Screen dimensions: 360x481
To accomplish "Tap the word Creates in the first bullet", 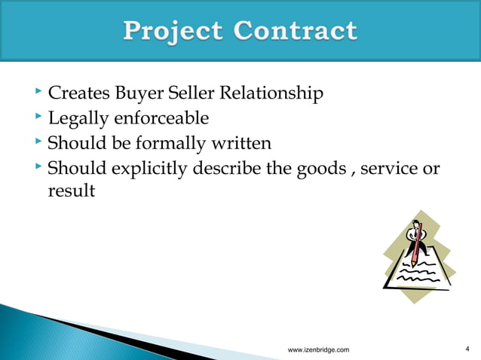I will (79, 94).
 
